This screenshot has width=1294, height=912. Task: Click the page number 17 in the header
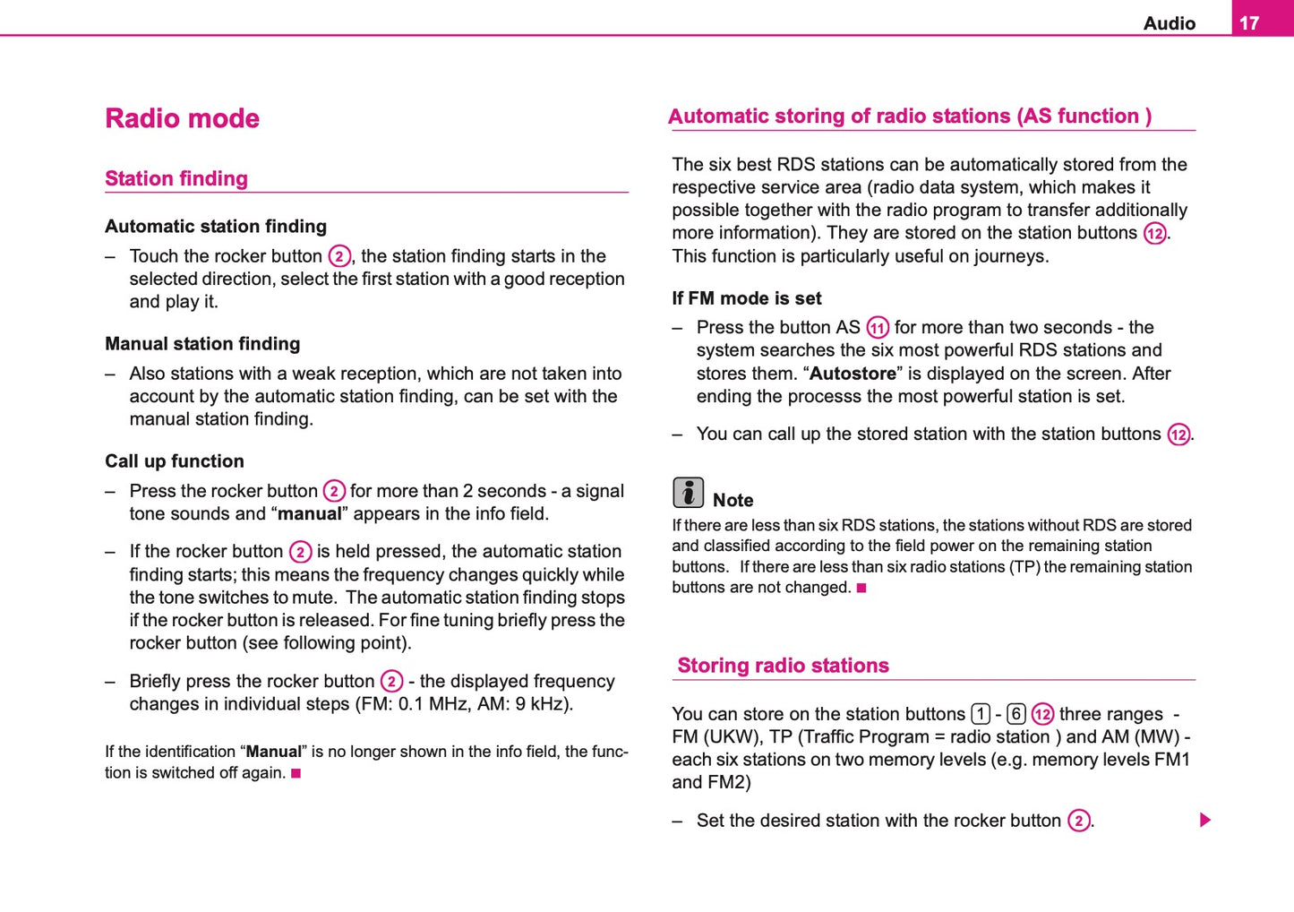(x=1249, y=23)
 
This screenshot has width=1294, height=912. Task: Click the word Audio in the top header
(x=1169, y=23)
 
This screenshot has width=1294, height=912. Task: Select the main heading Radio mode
(x=182, y=118)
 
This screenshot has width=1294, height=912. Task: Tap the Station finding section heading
(x=176, y=178)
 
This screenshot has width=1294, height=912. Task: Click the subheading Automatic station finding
(x=216, y=226)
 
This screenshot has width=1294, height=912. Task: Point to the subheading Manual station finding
(x=202, y=343)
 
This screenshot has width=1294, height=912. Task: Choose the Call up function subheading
(x=175, y=460)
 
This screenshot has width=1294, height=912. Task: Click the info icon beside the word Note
(x=688, y=493)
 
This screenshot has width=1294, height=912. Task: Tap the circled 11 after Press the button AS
(x=878, y=328)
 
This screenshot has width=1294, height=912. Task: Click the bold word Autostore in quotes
(x=853, y=374)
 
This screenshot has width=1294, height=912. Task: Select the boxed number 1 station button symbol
(x=981, y=714)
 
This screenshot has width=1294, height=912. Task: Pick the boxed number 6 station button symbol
(x=1016, y=714)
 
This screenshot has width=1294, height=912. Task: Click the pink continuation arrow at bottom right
(x=1205, y=820)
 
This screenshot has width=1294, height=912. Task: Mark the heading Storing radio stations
(x=783, y=666)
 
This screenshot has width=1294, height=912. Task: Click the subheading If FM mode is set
(x=747, y=298)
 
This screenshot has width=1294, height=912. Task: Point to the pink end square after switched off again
(x=296, y=772)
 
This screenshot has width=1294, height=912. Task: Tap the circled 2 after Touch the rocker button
(x=338, y=257)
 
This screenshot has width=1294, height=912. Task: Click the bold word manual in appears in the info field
(x=310, y=514)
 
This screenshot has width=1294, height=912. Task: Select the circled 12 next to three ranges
(x=1042, y=715)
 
